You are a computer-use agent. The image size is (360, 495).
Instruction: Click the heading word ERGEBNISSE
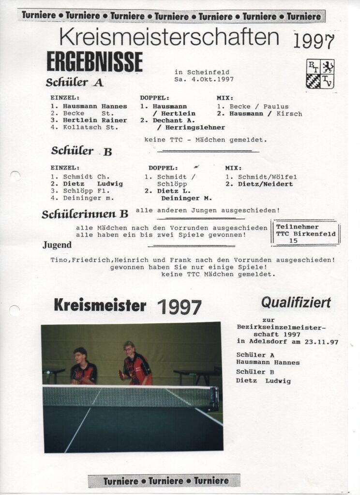tap(94, 62)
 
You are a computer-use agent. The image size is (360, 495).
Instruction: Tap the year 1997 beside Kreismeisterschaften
tap(314, 42)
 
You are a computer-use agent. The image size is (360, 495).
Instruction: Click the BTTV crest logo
tap(320, 73)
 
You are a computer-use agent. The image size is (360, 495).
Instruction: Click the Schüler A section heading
tap(75, 83)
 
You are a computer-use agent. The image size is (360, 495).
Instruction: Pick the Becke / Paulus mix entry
tap(252, 106)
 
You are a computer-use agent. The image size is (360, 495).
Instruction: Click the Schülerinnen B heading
tap(85, 214)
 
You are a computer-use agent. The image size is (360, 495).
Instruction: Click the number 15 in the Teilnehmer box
tap(293, 240)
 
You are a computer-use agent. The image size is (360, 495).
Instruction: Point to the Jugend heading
tap(57, 245)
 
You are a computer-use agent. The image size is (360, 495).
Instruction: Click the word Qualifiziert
tap(296, 303)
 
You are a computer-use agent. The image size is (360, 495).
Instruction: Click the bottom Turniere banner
tap(164, 480)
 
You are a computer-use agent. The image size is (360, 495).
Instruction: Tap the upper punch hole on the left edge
tap(15, 176)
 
